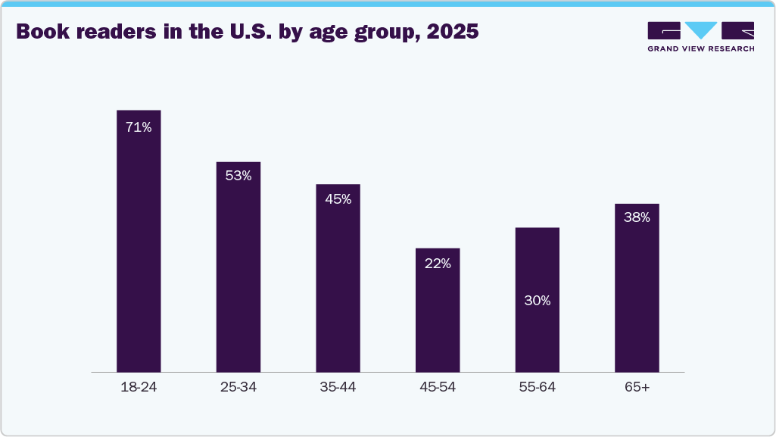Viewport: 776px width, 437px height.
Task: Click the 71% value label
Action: coord(139,127)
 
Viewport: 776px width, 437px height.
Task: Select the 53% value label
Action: coord(238,176)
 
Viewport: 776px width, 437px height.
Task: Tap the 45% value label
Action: coord(338,199)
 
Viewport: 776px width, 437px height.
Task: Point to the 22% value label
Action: coord(438,264)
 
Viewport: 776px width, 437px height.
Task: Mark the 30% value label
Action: coord(538,301)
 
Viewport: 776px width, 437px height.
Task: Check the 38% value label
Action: coord(637,217)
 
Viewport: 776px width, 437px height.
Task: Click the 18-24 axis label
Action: coord(139,388)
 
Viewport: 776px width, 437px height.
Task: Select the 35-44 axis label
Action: coord(338,388)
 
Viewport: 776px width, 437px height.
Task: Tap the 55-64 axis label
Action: coord(538,388)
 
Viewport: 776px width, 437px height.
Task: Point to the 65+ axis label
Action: coord(637,388)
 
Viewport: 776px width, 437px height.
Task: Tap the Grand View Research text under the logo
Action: coord(700,48)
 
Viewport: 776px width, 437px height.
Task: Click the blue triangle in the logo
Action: coord(701,30)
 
